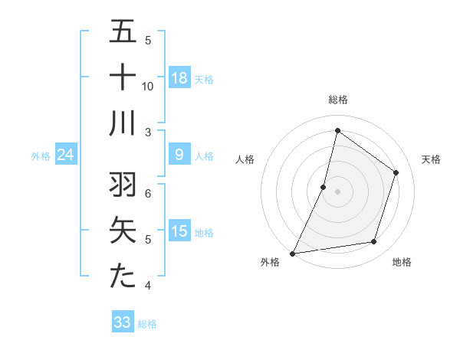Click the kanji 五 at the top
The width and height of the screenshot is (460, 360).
(123, 31)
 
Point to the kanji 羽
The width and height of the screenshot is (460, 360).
(123, 184)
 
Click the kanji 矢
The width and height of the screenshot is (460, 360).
(123, 230)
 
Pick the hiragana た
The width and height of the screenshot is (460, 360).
(123, 276)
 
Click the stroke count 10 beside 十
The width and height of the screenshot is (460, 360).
(148, 87)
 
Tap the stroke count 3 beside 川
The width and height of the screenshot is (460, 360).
(148, 133)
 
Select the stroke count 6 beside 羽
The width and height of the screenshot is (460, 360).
(148, 194)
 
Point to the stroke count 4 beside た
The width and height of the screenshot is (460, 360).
(148, 286)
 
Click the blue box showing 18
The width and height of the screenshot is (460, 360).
(179, 77)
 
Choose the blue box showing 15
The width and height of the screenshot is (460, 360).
(179, 231)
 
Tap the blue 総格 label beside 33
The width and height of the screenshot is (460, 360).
(147, 324)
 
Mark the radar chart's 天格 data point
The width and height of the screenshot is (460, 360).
(396, 172)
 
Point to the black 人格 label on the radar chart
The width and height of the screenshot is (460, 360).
(245, 159)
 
